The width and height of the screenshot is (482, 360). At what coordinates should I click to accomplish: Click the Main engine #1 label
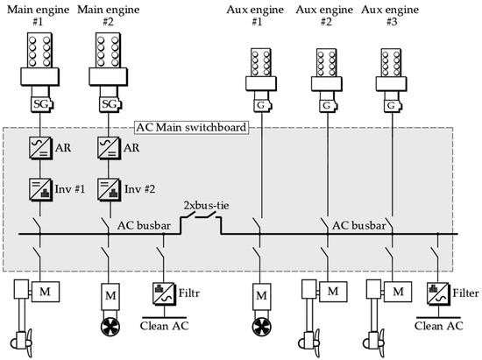[x=38, y=18]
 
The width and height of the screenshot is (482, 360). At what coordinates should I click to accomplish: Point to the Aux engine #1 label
[x=257, y=18]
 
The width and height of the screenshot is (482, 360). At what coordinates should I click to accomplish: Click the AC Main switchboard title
[x=190, y=126]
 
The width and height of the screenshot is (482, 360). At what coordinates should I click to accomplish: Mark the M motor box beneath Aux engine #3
[x=399, y=289]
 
